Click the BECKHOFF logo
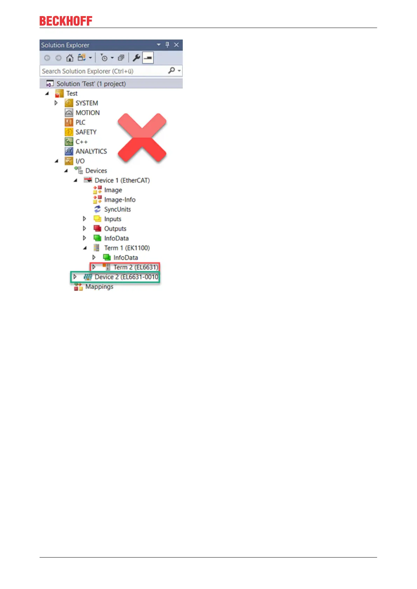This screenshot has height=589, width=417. (66, 21)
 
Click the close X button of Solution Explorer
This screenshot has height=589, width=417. (176, 45)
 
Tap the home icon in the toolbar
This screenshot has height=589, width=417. (70, 58)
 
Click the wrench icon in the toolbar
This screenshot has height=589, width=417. (136, 58)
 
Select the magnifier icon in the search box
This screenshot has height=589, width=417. (172, 71)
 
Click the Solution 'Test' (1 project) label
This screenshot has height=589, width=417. (91, 84)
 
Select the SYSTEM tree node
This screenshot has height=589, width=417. (86, 103)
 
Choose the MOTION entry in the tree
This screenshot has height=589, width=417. (88, 113)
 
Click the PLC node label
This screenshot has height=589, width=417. (80, 122)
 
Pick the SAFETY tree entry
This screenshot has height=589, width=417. (86, 132)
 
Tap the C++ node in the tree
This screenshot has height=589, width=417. (82, 142)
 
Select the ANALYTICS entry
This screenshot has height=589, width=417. (91, 151)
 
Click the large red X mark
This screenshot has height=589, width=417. (142, 137)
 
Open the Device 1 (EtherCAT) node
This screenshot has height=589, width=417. (122, 180)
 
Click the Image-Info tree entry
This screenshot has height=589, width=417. (120, 200)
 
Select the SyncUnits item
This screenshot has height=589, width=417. (117, 210)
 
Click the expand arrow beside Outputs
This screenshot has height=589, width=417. (84, 228)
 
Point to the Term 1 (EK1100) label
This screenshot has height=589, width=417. (127, 248)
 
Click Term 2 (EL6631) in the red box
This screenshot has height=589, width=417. (135, 267)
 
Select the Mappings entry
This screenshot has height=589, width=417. (99, 287)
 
